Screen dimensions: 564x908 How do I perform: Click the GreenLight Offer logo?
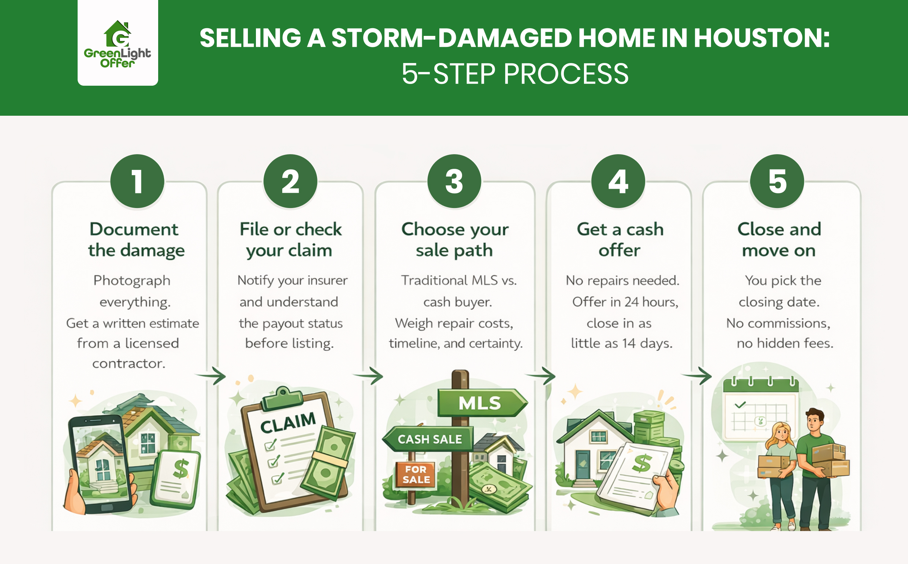(x=118, y=44)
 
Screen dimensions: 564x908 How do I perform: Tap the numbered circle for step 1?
(x=137, y=181)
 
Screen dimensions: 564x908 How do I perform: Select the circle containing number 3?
(x=454, y=181)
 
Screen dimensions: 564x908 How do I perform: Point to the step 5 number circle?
(x=777, y=181)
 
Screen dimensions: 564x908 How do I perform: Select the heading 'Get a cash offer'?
(x=620, y=240)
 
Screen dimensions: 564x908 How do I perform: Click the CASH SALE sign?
(x=429, y=439)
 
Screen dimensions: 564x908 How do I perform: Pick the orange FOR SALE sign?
(x=416, y=475)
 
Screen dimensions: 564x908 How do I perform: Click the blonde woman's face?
(x=782, y=434)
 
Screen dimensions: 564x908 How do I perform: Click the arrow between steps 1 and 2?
(x=211, y=375)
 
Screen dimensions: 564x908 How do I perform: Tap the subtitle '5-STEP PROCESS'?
(x=515, y=74)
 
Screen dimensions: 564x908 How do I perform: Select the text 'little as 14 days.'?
(x=622, y=343)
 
